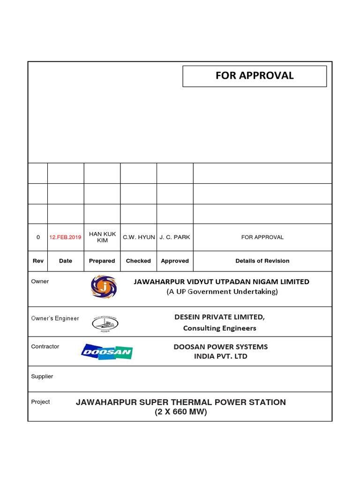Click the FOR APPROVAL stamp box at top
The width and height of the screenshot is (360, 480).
[255, 76]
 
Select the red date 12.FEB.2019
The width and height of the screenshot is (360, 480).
[65, 237]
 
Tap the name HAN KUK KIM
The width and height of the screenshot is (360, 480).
[102, 237]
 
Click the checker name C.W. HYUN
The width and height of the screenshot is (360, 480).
[139, 237]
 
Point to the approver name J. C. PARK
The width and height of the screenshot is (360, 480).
[175, 237]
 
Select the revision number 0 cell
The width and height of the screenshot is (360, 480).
[38, 237]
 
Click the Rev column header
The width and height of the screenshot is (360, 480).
[38, 261]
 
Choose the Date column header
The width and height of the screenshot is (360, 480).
[66, 261]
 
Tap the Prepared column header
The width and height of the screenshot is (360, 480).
[102, 261]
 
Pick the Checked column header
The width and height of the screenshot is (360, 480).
[138, 261]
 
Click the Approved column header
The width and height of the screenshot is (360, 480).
[175, 261]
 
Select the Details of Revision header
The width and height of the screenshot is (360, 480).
[262, 261]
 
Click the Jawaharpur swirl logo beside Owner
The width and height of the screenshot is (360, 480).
[104, 287]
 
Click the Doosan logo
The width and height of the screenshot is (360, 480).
[107, 352]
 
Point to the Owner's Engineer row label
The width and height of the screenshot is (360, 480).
[55, 319]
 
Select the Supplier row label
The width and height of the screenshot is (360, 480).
[42, 376]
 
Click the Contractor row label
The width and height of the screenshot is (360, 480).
[45, 346]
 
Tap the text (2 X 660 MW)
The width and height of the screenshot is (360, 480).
[181, 412]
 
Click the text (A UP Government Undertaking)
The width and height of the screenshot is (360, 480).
[222, 292]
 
